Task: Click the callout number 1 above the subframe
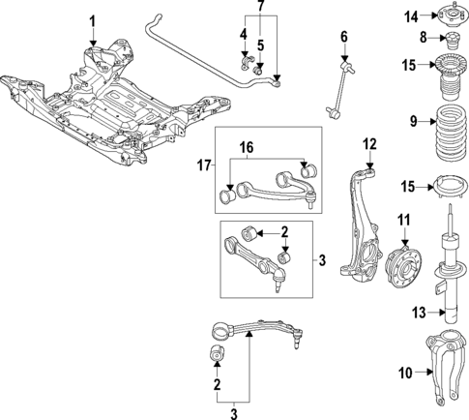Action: pyautogui.click(x=93, y=20)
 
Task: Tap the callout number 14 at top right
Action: pyautogui.click(x=410, y=15)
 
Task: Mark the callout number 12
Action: pyautogui.click(x=368, y=145)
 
